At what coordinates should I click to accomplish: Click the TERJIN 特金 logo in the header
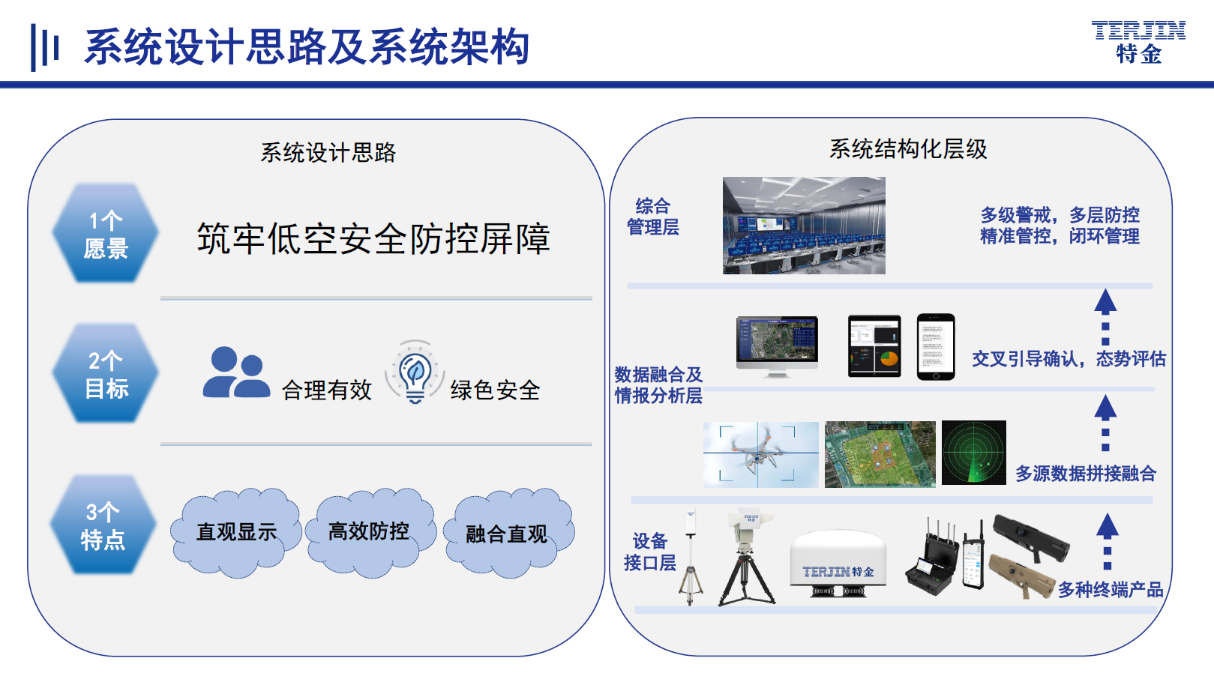coord(1138,42)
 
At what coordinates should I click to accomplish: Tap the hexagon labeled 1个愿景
coord(106,233)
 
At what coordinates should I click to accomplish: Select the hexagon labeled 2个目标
coord(106,374)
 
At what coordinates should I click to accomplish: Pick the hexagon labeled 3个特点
coord(103,525)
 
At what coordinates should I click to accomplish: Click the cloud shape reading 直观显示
coord(235,533)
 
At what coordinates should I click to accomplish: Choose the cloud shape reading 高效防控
coord(370,531)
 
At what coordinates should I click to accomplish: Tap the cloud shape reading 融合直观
coord(508,533)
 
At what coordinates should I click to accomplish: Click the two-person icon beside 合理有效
coord(236,372)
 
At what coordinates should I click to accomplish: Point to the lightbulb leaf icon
coord(415,372)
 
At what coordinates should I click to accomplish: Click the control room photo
coord(804,226)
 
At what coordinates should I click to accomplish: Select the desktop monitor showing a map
coord(777,346)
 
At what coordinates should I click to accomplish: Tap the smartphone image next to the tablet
coord(935,347)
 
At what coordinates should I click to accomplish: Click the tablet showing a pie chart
coord(874,346)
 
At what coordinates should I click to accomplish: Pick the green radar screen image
coord(974,453)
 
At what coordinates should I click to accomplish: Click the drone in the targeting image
coord(757,452)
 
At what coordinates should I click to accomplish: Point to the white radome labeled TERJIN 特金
coord(838,563)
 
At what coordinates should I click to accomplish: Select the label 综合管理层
coord(652,217)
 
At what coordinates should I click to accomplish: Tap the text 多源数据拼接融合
coord(1086,474)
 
